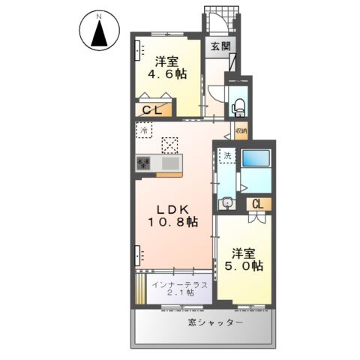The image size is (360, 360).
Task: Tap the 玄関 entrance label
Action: (x=220, y=46)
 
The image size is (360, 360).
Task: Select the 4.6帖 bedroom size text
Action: (x=166, y=76)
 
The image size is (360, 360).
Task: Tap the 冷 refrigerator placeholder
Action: (x=144, y=130)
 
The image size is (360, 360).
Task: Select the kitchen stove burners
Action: (x=143, y=162)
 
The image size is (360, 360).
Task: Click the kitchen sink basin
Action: (x=170, y=162)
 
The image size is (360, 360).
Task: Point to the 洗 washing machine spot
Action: (x=226, y=157)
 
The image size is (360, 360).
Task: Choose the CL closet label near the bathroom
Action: (x=257, y=203)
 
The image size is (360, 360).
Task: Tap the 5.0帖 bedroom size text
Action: (x=247, y=265)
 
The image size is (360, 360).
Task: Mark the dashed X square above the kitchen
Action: (x=171, y=143)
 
